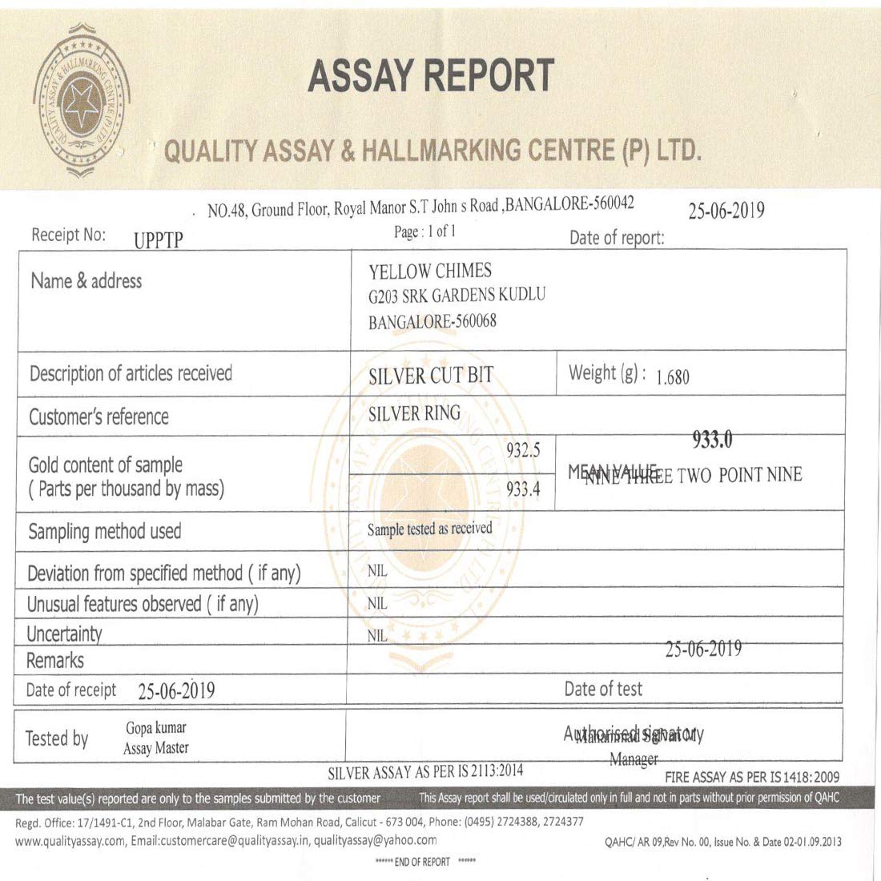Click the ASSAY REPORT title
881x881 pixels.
(431, 76)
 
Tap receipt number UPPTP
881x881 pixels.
(159, 239)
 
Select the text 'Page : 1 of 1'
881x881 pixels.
(424, 231)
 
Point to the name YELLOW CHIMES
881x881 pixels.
(430, 271)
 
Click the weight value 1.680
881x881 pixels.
(672, 377)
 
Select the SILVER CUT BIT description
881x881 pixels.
(431, 376)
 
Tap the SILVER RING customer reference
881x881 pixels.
(414, 414)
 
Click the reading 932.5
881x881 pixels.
(523, 451)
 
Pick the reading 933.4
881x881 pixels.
(523, 489)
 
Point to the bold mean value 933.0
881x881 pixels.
(712, 440)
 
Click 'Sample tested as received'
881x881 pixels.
(429, 529)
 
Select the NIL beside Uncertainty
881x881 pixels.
(377, 636)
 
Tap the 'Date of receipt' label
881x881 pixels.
(71, 690)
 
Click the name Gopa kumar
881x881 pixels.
(156, 728)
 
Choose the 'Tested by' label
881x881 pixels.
(57, 738)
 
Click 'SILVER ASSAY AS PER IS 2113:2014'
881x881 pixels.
(425, 772)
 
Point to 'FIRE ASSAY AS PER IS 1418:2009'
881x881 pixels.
(752, 777)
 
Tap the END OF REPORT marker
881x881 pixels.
(424, 862)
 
